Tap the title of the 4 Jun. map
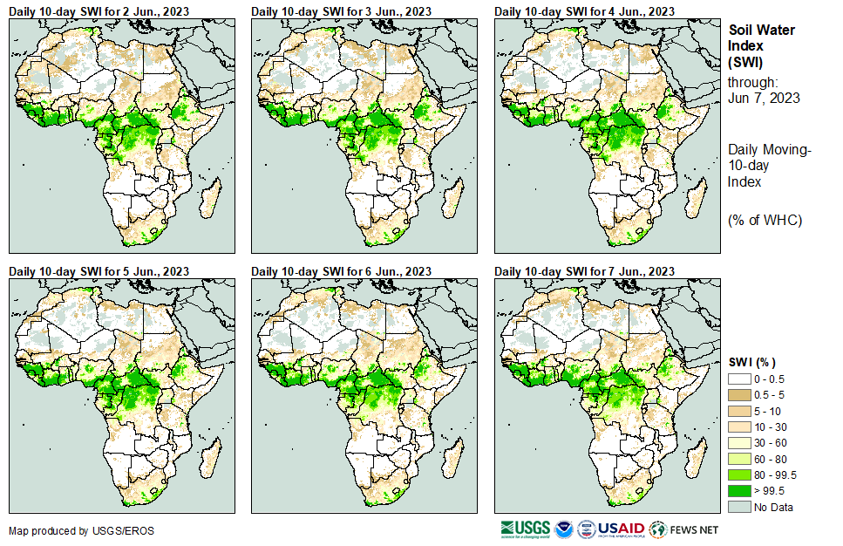tap(584, 10)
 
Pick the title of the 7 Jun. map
tap(584, 272)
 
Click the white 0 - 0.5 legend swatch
tap(740, 379)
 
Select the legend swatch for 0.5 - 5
tap(740, 395)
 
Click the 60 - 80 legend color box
tap(740, 459)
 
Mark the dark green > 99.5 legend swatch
tap(740, 491)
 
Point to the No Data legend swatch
tap(740, 507)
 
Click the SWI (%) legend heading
tap(752, 362)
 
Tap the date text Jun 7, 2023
tap(764, 98)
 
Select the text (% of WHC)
tap(765, 220)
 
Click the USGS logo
tap(525, 529)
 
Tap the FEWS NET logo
tap(684, 529)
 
